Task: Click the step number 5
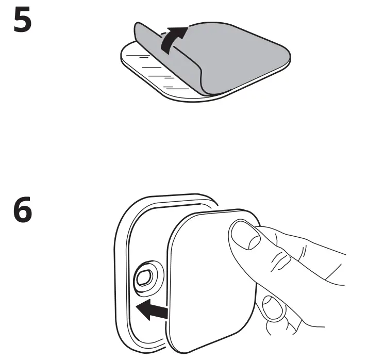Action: [22, 21]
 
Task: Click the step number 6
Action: [22, 213]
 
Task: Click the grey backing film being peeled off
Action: [232, 57]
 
